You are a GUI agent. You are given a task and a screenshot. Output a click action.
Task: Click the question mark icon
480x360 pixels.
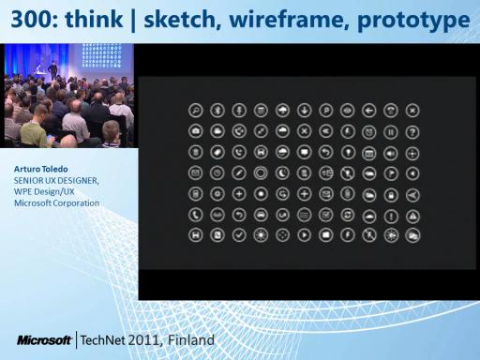[412, 132]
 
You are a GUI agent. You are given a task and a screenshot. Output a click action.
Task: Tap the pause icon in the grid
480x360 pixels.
[391, 132]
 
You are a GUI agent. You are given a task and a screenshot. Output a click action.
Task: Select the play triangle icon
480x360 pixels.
[304, 235]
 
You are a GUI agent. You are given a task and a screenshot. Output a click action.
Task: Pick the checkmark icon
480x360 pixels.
[239, 235]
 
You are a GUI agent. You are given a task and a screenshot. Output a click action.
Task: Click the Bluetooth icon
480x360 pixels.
[217, 111]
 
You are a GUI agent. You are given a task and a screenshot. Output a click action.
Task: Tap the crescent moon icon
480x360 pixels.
[282, 173]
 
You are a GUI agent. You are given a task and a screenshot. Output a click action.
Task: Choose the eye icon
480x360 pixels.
[348, 111]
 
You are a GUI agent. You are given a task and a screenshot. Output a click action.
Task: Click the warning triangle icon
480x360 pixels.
[412, 216]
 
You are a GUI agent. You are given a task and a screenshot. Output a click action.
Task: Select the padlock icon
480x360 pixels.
[391, 195]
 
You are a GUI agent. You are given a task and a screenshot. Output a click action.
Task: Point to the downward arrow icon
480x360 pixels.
[304, 111]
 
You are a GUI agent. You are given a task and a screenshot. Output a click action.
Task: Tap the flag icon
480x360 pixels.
[391, 173]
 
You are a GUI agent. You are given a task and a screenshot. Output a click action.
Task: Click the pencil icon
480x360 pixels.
[239, 173]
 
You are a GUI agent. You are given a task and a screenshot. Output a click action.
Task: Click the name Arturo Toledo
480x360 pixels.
[41, 169]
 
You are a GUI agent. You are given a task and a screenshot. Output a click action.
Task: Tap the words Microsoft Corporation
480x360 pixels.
[56, 203]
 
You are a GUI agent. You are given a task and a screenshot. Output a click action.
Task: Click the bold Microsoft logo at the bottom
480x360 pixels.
[44, 340]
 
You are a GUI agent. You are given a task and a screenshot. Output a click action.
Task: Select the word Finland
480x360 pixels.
[191, 340]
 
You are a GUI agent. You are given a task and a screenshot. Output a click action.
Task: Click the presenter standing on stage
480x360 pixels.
[53, 69]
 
